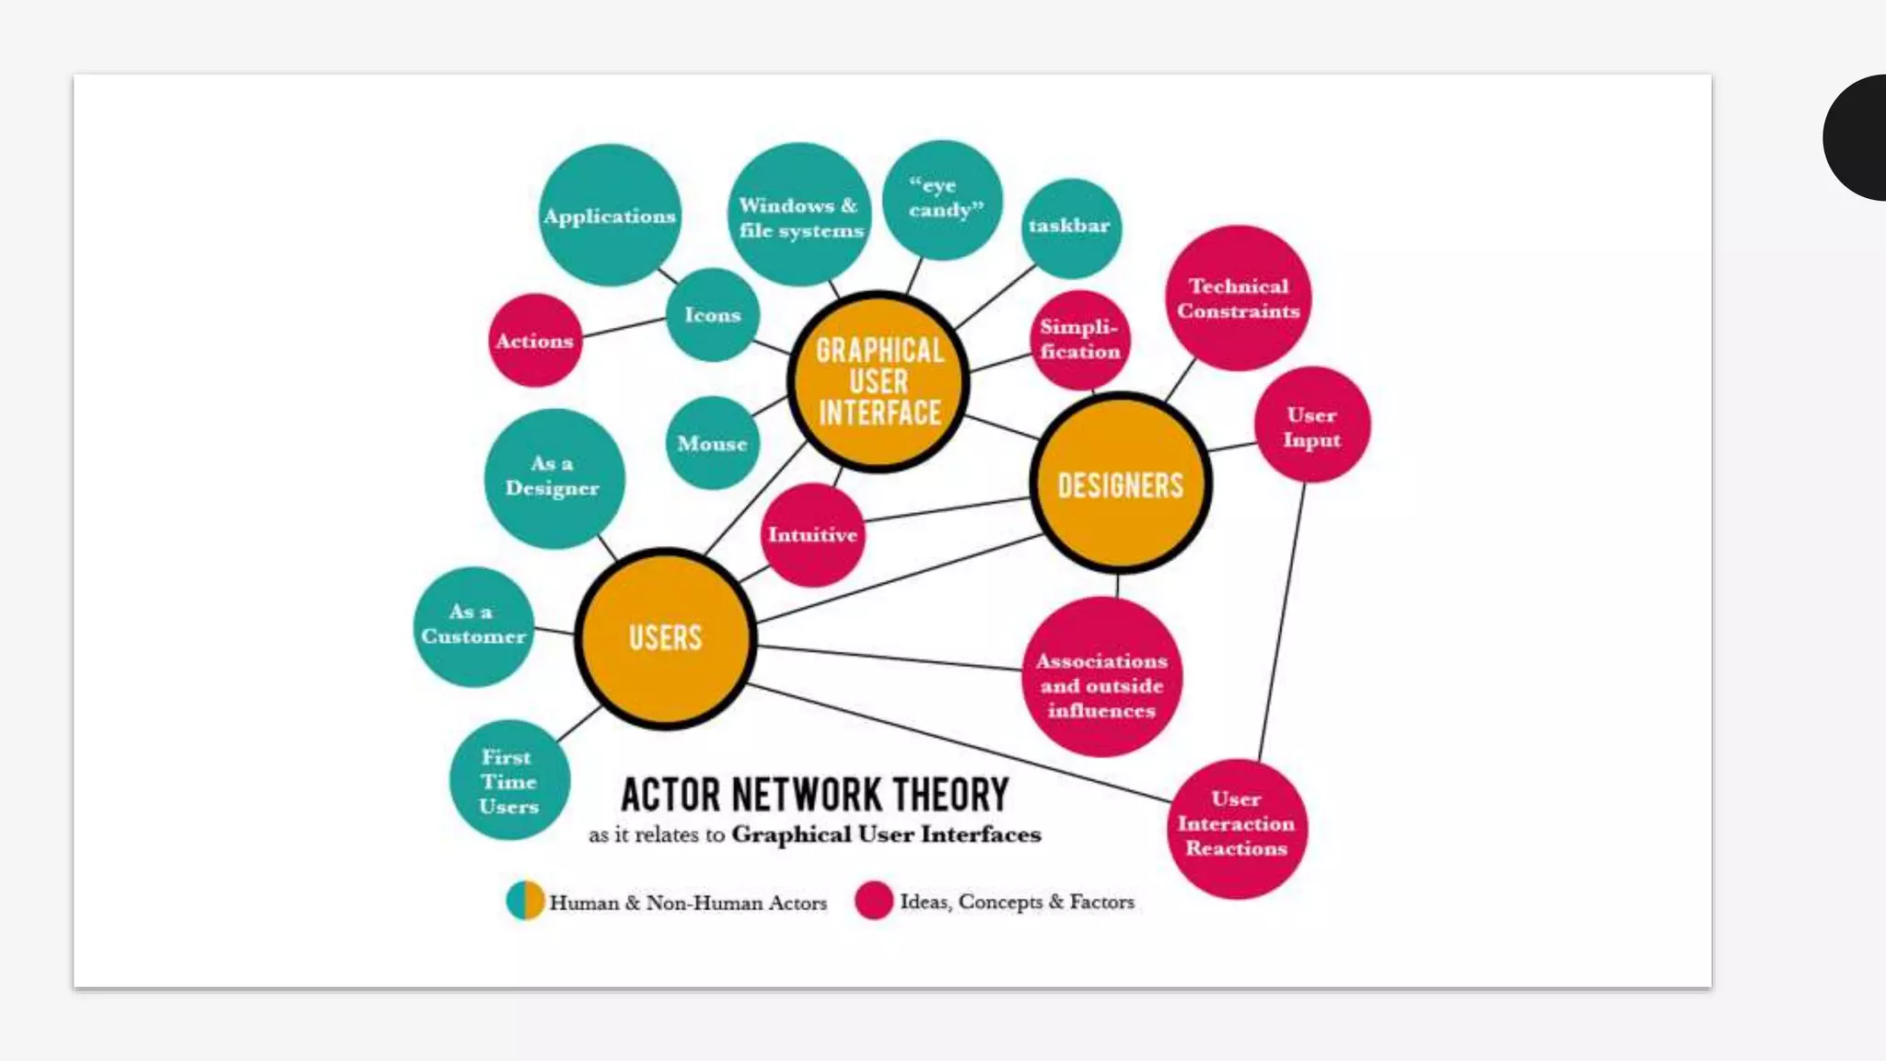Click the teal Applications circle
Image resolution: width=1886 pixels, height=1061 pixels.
610,215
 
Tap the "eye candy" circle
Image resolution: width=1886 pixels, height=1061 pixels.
942,199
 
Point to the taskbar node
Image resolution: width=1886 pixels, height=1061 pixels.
1070,227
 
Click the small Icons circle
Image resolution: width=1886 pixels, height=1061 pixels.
713,315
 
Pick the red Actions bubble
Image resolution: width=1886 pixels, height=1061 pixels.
535,341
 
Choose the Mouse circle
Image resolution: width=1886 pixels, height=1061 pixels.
713,443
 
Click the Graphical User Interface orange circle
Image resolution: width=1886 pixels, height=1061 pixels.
879,381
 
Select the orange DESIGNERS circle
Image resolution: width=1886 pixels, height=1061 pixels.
1120,484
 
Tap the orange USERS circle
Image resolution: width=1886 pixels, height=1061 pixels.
665,637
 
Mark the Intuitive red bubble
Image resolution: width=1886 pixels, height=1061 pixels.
812,534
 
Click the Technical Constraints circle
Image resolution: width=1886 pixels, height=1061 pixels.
1238,298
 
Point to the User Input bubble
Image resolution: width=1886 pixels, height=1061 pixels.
1311,426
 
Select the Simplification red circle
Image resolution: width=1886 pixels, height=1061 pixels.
1079,340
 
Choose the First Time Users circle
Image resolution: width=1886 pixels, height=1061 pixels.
508,780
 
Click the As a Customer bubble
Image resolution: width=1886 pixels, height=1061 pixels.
473,625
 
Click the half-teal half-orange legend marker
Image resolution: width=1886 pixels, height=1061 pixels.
525,901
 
